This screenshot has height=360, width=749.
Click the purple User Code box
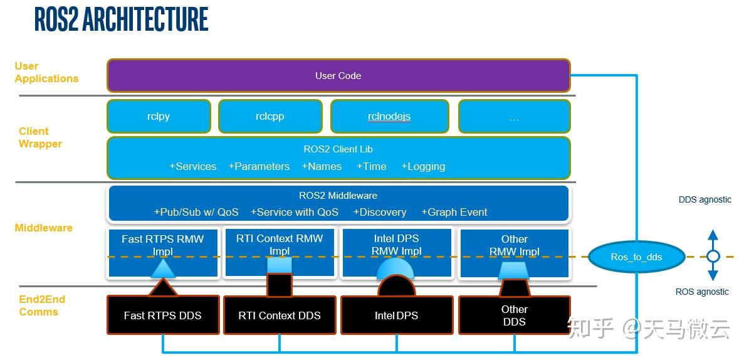(x=338, y=76)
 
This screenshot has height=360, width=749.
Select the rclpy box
(x=159, y=117)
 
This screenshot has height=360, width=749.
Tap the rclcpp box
(x=270, y=117)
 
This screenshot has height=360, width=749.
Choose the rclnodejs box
(x=389, y=117)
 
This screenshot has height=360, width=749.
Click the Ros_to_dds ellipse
(x=636, y=257)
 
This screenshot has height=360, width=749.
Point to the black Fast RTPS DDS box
(x=163, y=315)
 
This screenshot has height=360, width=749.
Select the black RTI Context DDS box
(x=280, y=315)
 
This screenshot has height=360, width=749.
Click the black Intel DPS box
(x=396, y=315)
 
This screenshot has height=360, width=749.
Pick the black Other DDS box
(x=514, y=315)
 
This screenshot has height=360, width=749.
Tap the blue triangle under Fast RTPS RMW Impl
(x=163, y=269)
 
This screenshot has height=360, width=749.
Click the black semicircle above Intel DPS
(x=396, y=287)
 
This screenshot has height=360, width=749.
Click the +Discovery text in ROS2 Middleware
(x=380, y=213)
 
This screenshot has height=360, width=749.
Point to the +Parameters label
(x=259, y=167)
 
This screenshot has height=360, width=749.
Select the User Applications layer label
(x=46, y=73)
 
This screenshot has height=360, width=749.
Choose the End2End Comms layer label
(x=42, y=306)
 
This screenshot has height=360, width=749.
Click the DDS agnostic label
(x=704, y=200)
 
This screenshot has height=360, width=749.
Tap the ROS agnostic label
(x=702, y=292)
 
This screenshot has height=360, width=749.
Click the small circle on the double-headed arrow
(x=713, y=257)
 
